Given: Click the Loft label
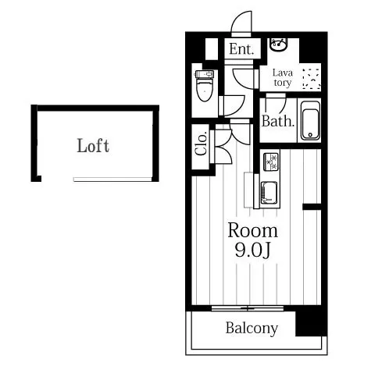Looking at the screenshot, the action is [93, 145].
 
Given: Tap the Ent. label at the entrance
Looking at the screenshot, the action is [241, 49].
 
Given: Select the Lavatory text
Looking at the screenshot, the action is [283, 77].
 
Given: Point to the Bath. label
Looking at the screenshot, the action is [278, 121].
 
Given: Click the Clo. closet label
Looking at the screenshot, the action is [202, 144].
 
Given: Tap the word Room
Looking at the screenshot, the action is [252, 230].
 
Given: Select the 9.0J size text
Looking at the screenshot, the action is [252, 250].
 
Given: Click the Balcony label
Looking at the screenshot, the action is [252, 329].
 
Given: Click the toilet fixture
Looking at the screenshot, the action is [205, 86].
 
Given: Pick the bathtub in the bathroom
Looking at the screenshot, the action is [310, 121].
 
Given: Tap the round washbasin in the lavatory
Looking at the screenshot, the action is [278, 44].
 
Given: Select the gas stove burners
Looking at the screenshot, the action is [271, 162].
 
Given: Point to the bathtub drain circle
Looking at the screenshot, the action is [310, 135].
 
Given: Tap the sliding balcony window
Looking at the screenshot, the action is [248, 308].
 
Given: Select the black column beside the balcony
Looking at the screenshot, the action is [312, 321].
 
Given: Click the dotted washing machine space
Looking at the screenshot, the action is [311, 79].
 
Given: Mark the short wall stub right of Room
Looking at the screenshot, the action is [312, 207].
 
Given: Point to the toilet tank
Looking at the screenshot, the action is [205, 74].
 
